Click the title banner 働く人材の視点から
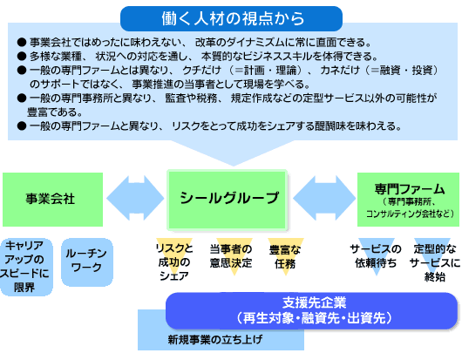(231, 18)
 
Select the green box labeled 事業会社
(53, 200)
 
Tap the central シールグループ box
(227, 200)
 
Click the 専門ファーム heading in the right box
(409, 189)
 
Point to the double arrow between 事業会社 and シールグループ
(135, 198)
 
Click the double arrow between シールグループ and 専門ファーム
(324, 198)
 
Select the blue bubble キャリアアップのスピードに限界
(26, 267)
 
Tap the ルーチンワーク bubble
(87, 262)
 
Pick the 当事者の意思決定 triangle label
(231, 255)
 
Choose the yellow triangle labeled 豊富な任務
(286, 256)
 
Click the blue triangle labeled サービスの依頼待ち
(376, 256)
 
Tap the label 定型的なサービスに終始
(435, 262)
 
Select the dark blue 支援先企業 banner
(312, 310)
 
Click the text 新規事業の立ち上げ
(214, 339)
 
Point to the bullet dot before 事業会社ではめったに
(22, 43)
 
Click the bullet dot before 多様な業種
(22, 57)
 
